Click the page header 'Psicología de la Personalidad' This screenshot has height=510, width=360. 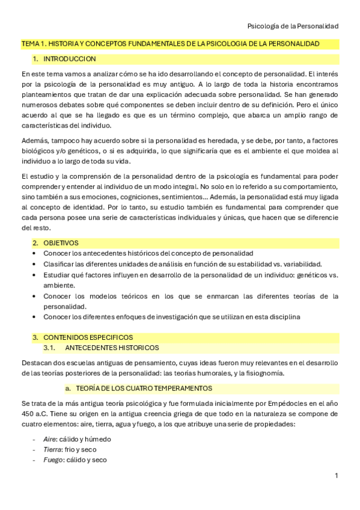[293, 26]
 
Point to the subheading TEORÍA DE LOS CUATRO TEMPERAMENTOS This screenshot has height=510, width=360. [142, 388]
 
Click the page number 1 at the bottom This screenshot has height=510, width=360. [337, 476]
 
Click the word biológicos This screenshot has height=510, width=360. [40, 150]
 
